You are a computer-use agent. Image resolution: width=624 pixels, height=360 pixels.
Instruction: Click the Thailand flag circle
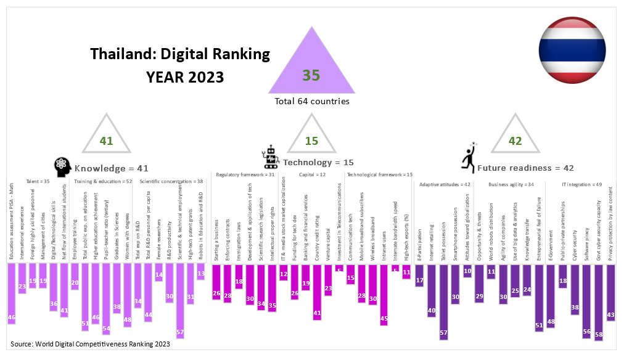571,51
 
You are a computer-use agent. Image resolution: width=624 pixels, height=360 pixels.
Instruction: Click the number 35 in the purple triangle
311,75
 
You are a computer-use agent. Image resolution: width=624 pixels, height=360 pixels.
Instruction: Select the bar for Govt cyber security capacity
598,302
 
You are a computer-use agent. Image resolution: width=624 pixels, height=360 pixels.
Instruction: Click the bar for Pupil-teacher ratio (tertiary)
106,298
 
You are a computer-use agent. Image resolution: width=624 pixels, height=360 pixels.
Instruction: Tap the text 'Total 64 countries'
311,100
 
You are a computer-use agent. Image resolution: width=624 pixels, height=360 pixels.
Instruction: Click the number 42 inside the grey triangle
515,141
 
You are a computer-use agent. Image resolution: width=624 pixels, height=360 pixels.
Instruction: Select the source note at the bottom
91,343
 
